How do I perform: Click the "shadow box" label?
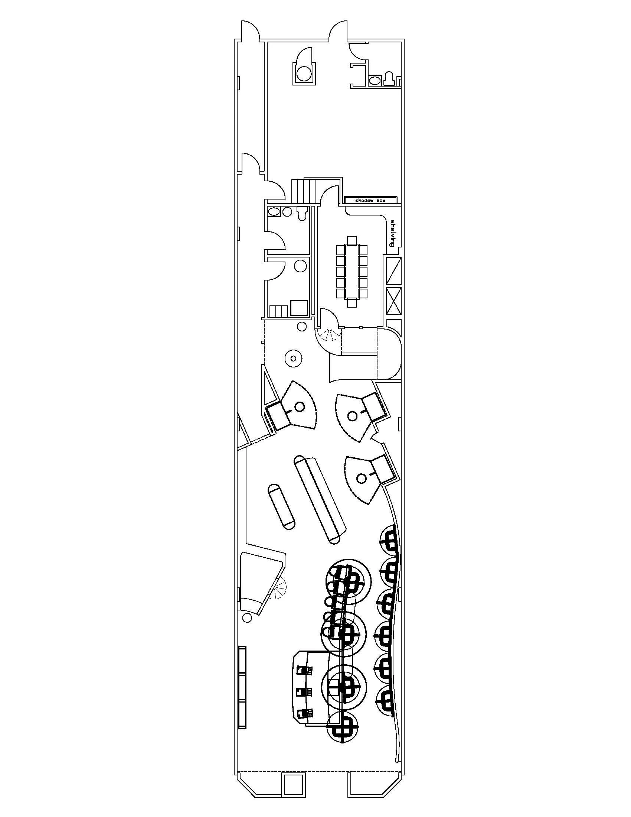click(370, 201)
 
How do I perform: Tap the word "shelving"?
click(392, 233)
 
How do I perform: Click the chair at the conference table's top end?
click(352, 239)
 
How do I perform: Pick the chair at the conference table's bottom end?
click(352, 302)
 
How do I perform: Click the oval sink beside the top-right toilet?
click(374, 80)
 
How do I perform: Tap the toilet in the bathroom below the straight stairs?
click(302, 213)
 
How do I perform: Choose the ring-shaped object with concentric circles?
click(294, 359)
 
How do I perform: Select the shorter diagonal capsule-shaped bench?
click(281, 506)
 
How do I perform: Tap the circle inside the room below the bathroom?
click(300, 266)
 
